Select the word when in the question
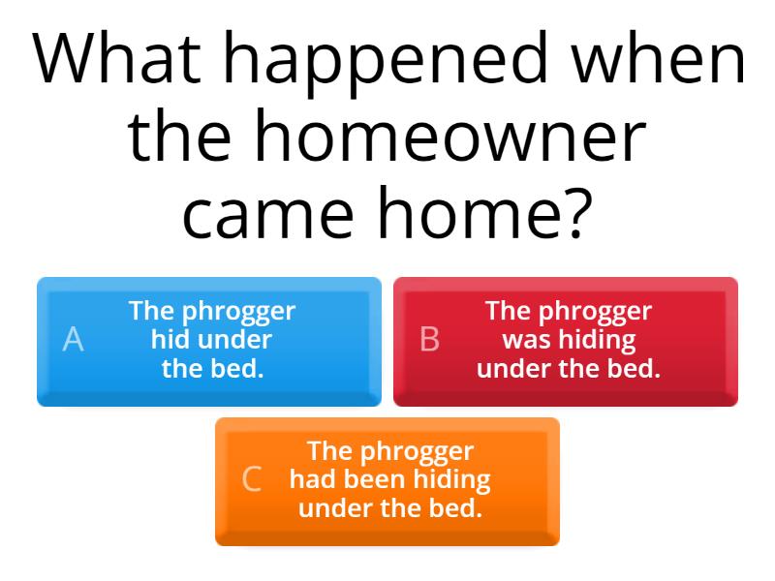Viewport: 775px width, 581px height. click(x=659, y=60)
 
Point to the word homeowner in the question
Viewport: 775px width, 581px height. click(x=450, y=138)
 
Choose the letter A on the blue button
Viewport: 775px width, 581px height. click(x=73, y=340)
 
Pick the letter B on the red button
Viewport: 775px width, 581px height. click(x=429, y=340)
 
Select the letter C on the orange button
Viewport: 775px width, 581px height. click(x=252, y=479)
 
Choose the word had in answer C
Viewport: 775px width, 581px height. click(x=311, y=479)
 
